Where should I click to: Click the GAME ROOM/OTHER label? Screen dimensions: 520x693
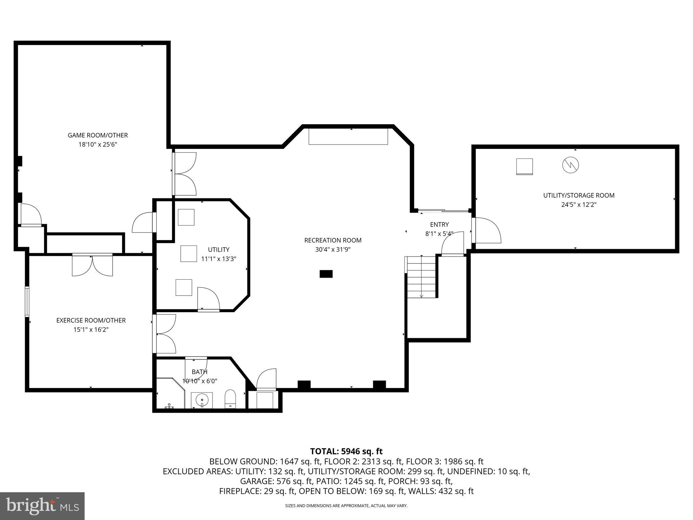click(98, 135)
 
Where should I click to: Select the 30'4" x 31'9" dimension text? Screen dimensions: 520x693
click(333, 250)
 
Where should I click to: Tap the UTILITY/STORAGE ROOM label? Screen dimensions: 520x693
click(579, 195)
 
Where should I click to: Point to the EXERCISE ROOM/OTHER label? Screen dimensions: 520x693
click(91, 320)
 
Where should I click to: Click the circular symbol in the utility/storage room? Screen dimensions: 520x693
click(571, 165)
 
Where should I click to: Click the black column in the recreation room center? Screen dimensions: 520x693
click(326, 274)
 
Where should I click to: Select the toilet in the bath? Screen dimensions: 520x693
click(230, 398)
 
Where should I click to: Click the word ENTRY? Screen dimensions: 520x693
click(439, 224)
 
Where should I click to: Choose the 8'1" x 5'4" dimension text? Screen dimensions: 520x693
click(439, 234)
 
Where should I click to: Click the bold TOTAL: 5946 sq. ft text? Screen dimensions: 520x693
click(346, 451)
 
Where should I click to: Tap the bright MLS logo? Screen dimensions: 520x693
click(42, 506)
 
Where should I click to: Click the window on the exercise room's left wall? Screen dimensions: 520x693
click(27, 301)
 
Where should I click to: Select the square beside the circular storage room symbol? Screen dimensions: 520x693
click(524, 167)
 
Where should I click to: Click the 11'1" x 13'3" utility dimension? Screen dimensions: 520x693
click(219, 259)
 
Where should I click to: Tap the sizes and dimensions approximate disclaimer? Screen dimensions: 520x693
click(346, 506)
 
